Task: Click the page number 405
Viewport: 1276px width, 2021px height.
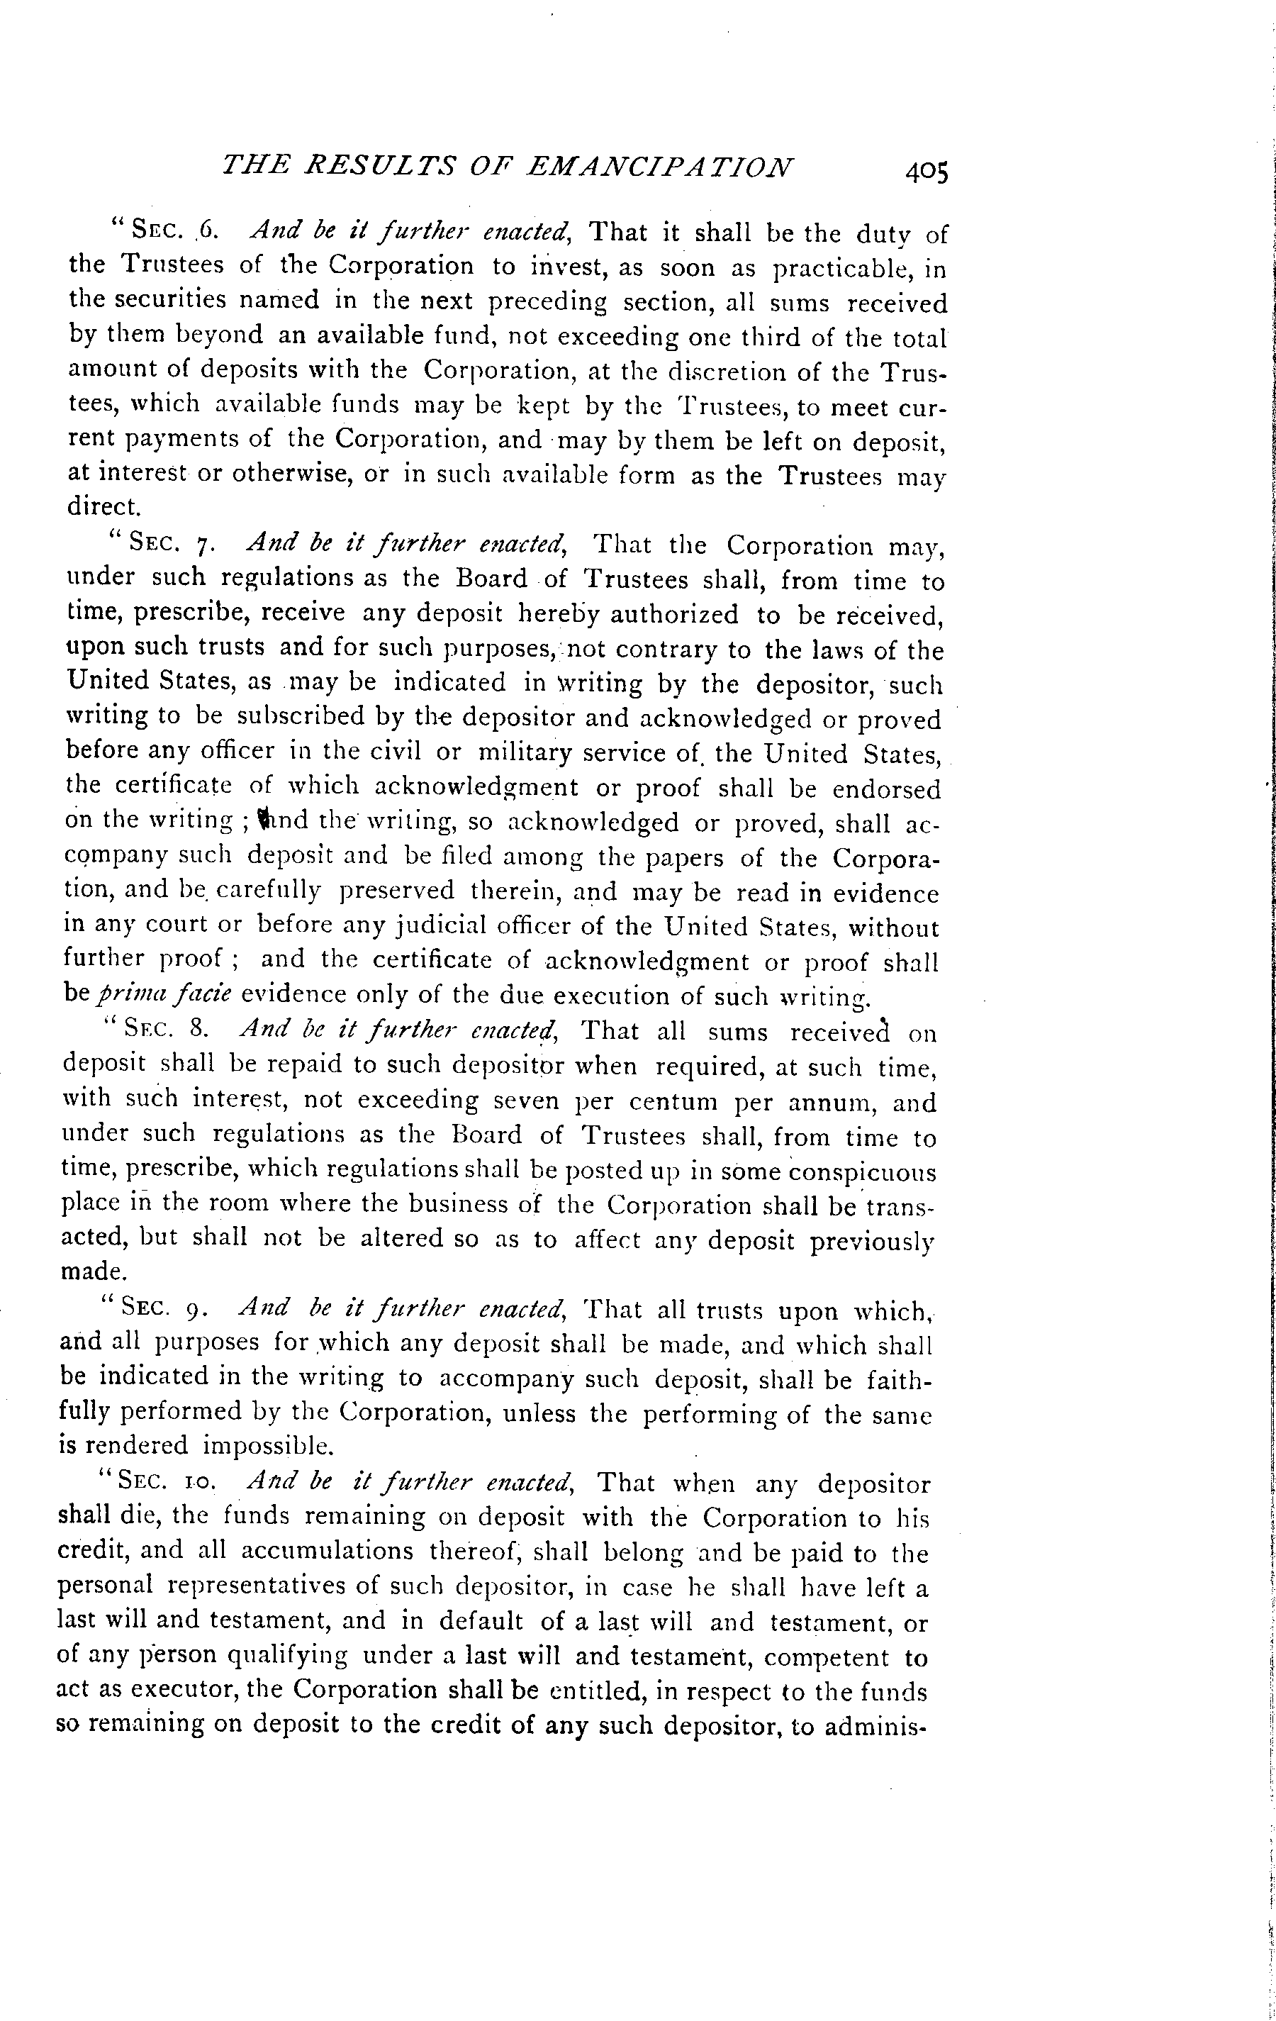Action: point(925,172)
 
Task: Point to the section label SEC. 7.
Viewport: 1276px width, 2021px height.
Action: point(173,544)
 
